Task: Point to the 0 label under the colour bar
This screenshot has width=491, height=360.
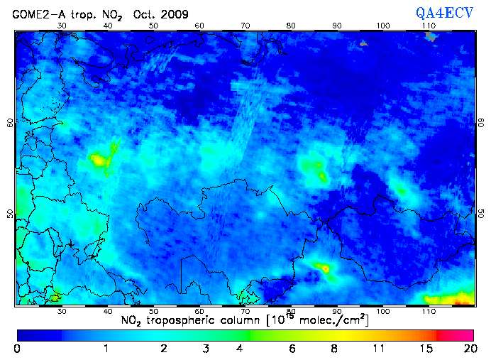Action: (x=17, y=349)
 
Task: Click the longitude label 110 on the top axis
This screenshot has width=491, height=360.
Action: (x=429, y=26)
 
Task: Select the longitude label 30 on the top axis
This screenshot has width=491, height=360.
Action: (x=62, y=26)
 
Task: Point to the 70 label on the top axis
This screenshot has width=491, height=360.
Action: (x=245, y=26)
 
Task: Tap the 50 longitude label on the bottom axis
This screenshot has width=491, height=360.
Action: (x=153, y=312)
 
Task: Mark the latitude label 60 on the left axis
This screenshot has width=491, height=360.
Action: (x=10, y=122)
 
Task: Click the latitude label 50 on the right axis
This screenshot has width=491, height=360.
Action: (x=481, y=214)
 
